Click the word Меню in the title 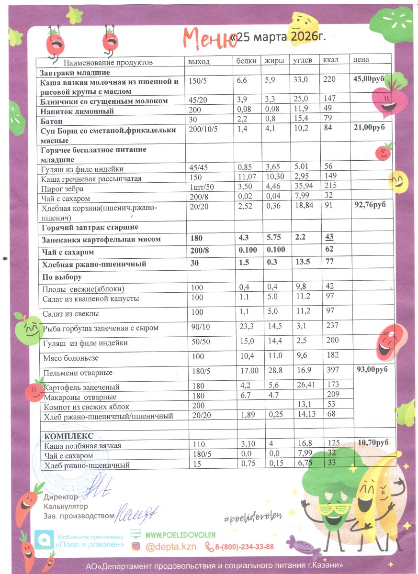point(210,38)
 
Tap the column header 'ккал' point(331,61)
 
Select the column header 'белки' point(247,61)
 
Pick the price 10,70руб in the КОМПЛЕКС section point(373,443)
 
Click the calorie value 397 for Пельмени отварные point(331,370)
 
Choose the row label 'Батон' point(51,121)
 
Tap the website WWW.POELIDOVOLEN point(180,535)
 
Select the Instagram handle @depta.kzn point(171,547)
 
